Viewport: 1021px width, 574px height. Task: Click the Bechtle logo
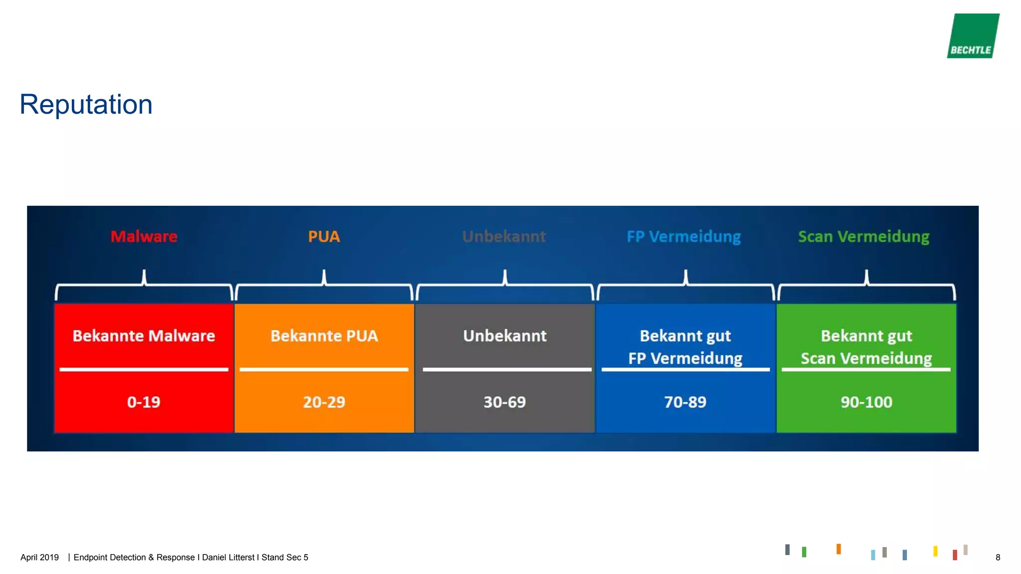(x=973, y=36)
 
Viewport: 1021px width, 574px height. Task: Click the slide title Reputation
(x=86, y=105)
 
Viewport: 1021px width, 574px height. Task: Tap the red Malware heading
(x=144, y=236)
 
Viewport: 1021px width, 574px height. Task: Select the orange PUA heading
(x=324, y=236)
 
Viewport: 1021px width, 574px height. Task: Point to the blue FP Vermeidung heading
(x=683, y=236)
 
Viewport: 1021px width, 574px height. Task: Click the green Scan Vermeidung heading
(x=863, y=236)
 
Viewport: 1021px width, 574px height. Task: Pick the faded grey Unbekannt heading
(x=504, y=236)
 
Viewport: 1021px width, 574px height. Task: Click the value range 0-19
(x=144, y=402)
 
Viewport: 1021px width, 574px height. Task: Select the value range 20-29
(x=324, y=402)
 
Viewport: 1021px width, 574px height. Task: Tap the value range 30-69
(x=505, y=402)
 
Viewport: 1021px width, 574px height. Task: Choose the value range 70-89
(x=685, y=402)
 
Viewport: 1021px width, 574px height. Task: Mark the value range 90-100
(x=866, y=402)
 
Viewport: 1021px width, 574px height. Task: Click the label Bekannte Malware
(x=144, y=336)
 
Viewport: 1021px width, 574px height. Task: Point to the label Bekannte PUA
(x=324, y=336)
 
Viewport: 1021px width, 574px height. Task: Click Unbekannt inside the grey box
(x=505, y=336)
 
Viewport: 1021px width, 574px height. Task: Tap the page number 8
(x=998, y=558)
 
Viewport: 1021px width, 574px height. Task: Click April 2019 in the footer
(x=39, y=558)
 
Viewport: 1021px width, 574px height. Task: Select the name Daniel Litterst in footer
(x=228, y=558)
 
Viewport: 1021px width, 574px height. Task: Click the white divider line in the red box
(x=144, y=369)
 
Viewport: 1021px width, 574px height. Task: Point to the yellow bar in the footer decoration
(x=935, y=551)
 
